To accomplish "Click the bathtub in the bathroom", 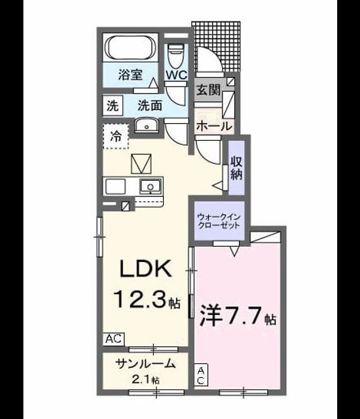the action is pos(130,48).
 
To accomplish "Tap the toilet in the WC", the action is pos(176,57).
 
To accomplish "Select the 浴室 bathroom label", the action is pos(130,75).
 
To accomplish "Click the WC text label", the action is pos(177,75).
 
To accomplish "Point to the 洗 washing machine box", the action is pos(113,106).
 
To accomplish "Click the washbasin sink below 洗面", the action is pos(147,125).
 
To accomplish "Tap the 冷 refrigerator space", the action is pos(116,137).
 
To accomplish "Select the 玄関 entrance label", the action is pos(209,90).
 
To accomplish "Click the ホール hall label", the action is pos(213,126).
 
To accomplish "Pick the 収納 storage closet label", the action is pos(236,168).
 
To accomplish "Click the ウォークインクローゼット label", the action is pos(219,221).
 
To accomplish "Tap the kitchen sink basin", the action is pos(151,186).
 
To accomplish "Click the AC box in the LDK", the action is pos(114,339).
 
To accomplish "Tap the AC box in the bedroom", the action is pos(201,375).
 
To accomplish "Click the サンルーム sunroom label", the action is pos(145,364).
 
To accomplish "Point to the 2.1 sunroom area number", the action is pos(142,379).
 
